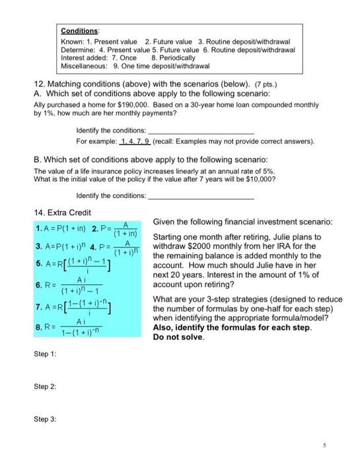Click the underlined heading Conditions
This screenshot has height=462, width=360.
pos(79,30)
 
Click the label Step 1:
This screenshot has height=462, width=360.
pos(45,354)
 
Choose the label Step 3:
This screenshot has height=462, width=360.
pos(45,418)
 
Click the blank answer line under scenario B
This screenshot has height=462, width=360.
pos(201,196)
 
